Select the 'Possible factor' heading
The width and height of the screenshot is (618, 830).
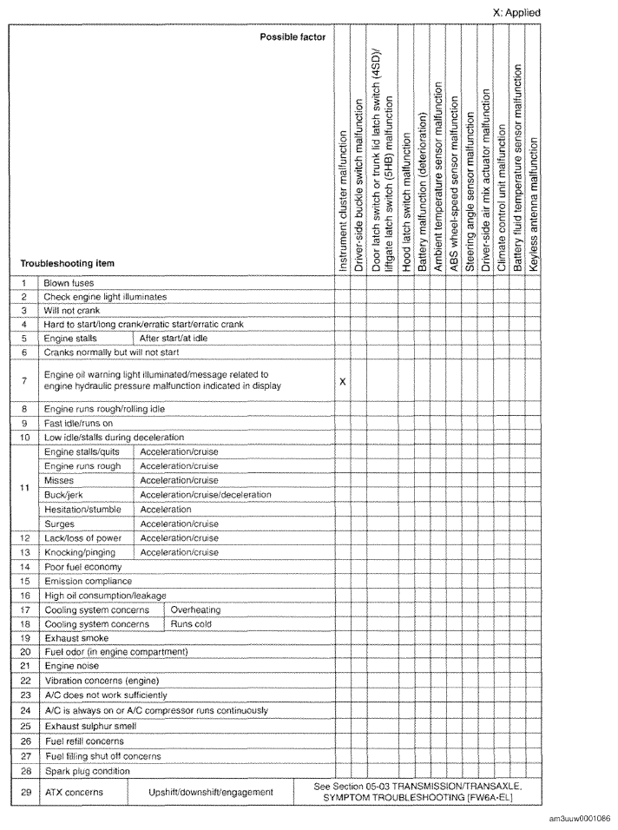[292, 38]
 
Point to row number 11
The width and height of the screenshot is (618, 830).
[24, 488]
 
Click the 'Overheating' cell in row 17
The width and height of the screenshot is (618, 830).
[195, 610]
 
